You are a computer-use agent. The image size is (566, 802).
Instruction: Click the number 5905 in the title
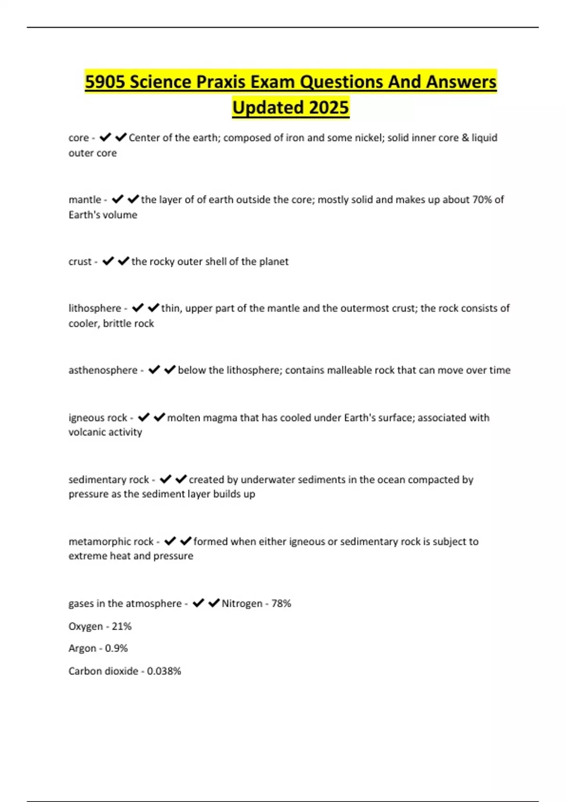105,82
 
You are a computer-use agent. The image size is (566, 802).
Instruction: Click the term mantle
85,200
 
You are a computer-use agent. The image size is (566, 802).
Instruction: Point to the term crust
80,261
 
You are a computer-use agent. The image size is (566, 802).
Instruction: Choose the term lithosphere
95,308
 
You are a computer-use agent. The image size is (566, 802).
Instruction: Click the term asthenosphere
103,370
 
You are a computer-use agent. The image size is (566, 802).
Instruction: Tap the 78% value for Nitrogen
281,603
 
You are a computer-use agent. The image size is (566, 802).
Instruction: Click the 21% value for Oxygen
122,626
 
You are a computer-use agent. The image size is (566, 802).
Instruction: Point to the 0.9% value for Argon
117,648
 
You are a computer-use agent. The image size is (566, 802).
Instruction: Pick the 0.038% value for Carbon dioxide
164,671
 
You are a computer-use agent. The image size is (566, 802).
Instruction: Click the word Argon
82,648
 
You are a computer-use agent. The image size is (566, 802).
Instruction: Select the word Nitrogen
242,603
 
